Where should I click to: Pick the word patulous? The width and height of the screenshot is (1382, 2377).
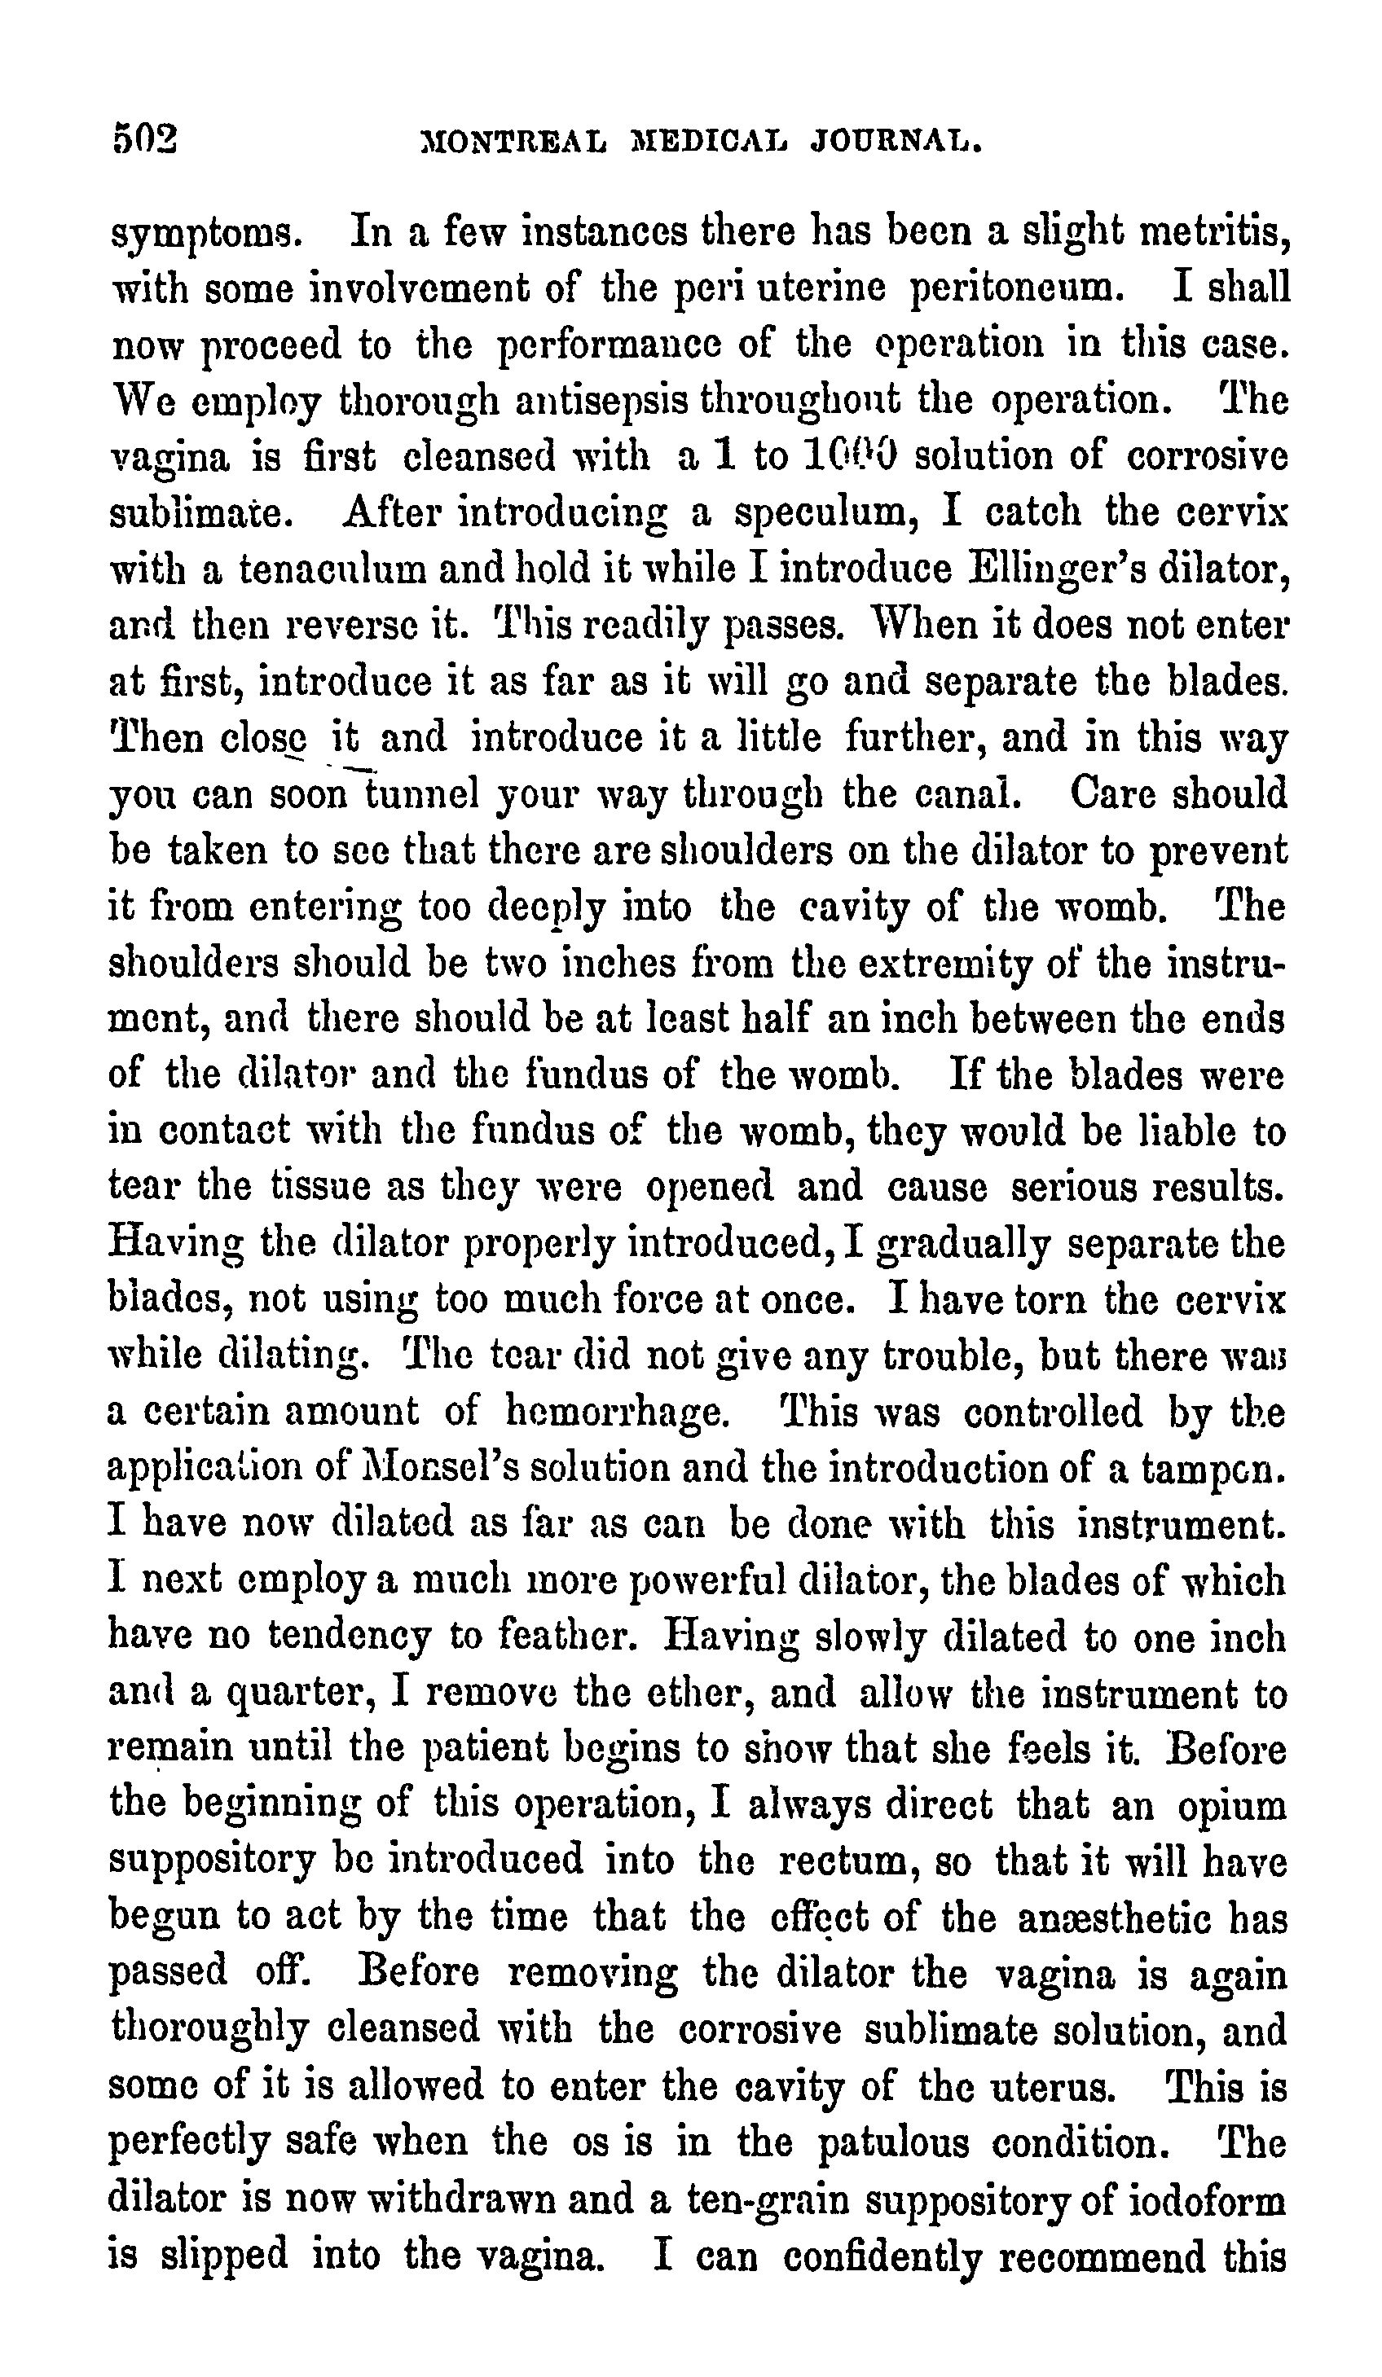point(892,2143)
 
